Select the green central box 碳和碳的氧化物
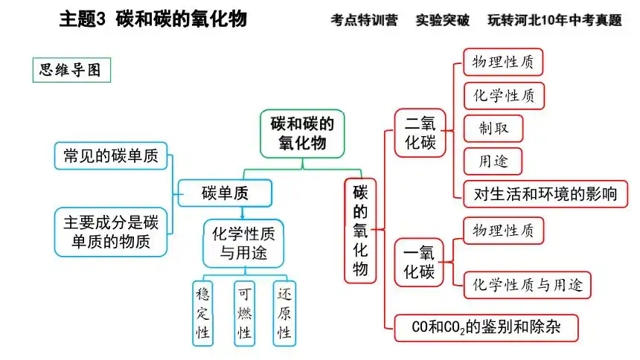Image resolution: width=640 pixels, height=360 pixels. point(302,134)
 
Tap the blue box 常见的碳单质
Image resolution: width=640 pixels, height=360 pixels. point(111,155)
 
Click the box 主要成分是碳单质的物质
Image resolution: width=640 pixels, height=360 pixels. point(111,232)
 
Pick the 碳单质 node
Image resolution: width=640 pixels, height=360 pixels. point(225,193)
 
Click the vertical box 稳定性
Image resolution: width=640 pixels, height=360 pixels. point(202,312)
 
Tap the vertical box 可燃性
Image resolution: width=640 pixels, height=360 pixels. point(244,312)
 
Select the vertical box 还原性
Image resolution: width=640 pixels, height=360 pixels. point(284,312)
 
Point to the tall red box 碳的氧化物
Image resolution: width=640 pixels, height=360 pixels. point(360,230)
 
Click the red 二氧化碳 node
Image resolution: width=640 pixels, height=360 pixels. point(420,132)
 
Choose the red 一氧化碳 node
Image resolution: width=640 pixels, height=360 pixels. point(420,261)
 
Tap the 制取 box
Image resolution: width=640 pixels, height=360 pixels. point(493,129)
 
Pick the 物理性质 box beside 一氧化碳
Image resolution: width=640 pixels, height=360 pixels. point(503,231)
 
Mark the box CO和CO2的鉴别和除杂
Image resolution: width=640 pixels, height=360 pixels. point(484,327)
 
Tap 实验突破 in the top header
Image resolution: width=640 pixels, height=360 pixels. point(443,20)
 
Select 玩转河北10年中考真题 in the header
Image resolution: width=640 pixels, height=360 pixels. point(554,20)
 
